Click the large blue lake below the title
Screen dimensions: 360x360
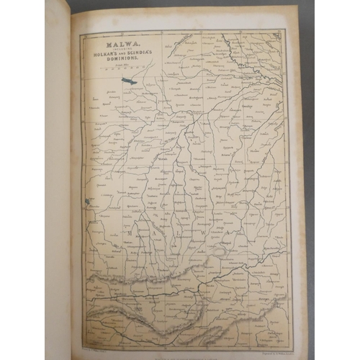tap(130, 81)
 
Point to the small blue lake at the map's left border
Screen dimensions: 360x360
tap(89, 203)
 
